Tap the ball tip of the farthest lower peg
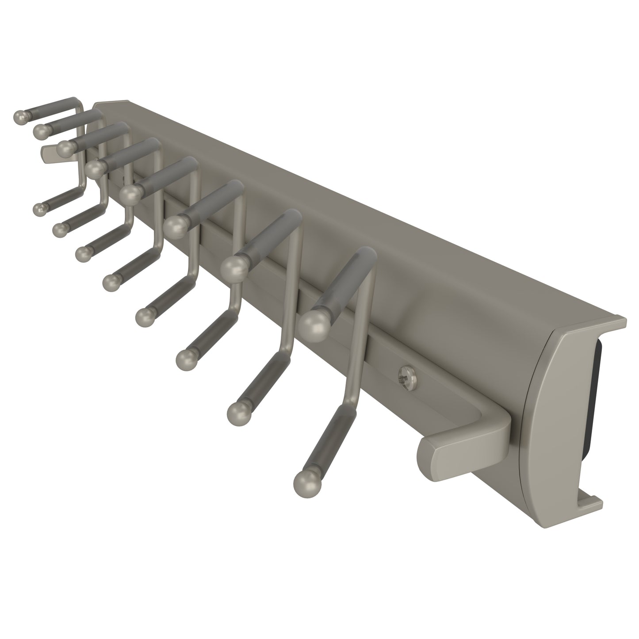[x=39, y=209]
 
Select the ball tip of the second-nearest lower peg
[x=238, y=412]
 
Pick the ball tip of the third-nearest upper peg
[x=176, y=226]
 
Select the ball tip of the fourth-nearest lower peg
[x=144, y=317]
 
